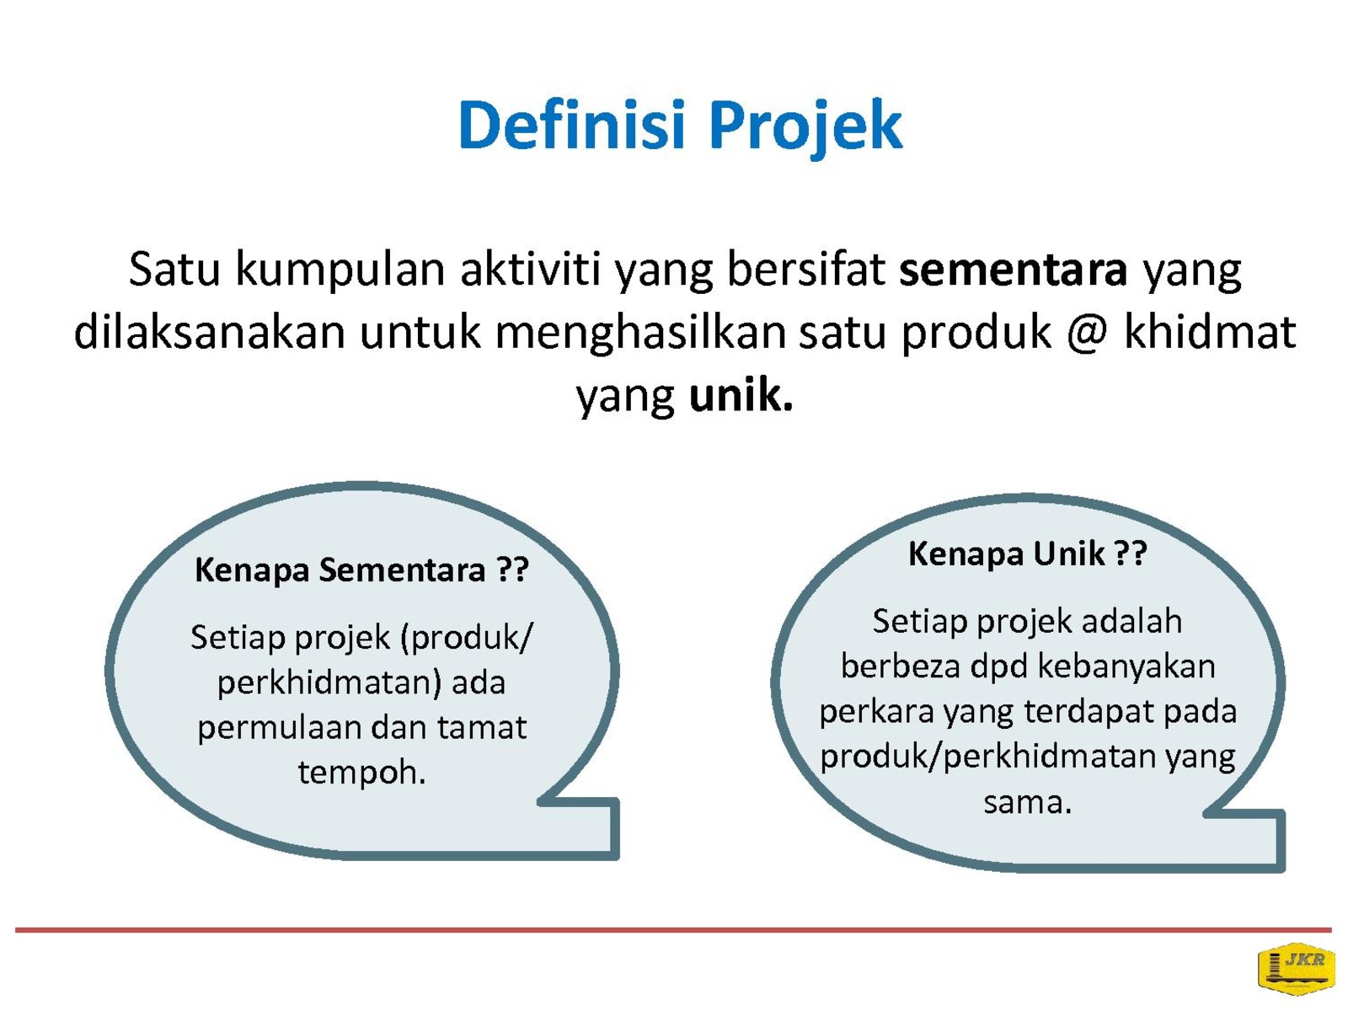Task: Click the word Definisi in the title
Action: tap(570, 125)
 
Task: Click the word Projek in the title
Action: tap(805, 129)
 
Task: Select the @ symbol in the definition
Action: tap(1086, 333)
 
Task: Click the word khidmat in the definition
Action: tap(1209, 330)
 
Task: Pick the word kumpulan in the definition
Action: tap(340, 270)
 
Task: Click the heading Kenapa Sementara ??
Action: tap(361, 570)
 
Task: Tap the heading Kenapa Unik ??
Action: tap(1027, 554)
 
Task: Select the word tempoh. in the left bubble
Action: tap(361, 773)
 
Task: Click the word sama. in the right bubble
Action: tap(1027, 803)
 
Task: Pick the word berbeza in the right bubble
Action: tap(900, 666)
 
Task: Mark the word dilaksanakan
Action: tap(210, 331)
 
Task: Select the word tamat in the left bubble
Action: tap(481, 727)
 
